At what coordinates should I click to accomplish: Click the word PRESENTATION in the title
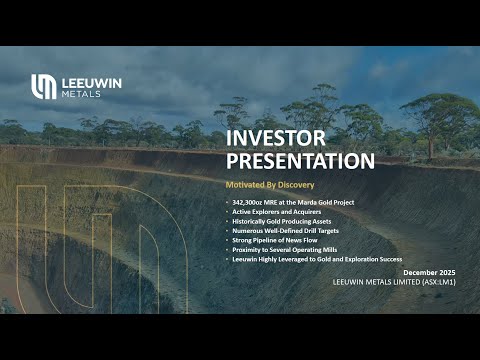tap(300, 160)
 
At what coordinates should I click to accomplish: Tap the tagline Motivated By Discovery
tap(265, 186)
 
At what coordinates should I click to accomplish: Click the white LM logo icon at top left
tap(43, 87)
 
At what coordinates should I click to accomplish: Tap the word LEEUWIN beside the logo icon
tap(92, 82)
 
